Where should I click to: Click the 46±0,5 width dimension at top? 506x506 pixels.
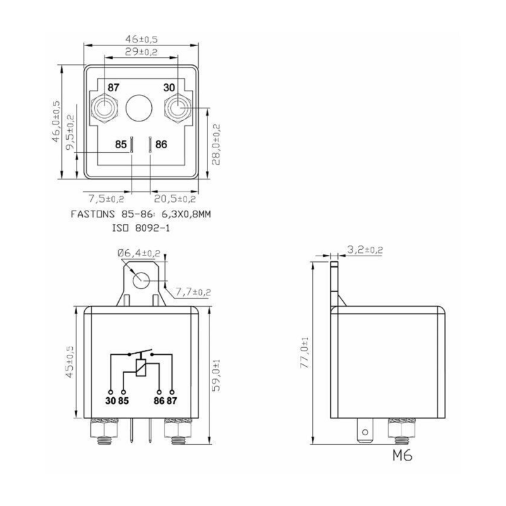click(x=142, y=39)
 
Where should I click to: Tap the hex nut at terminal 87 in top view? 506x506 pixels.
click(x=104, y=109)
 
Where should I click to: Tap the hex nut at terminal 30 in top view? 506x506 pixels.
click(x=177, y=109)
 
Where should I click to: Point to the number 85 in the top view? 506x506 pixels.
click(x=121, y=144)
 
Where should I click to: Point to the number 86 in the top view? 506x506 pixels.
click(x=161, y=144)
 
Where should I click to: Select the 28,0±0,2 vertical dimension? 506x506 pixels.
click(x=217, y=144)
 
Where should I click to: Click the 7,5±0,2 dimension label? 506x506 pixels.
click(x=106, y=199)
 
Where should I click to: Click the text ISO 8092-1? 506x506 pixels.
click(x=140, y=226)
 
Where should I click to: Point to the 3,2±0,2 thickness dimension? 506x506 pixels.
click(x=365, y=250)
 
